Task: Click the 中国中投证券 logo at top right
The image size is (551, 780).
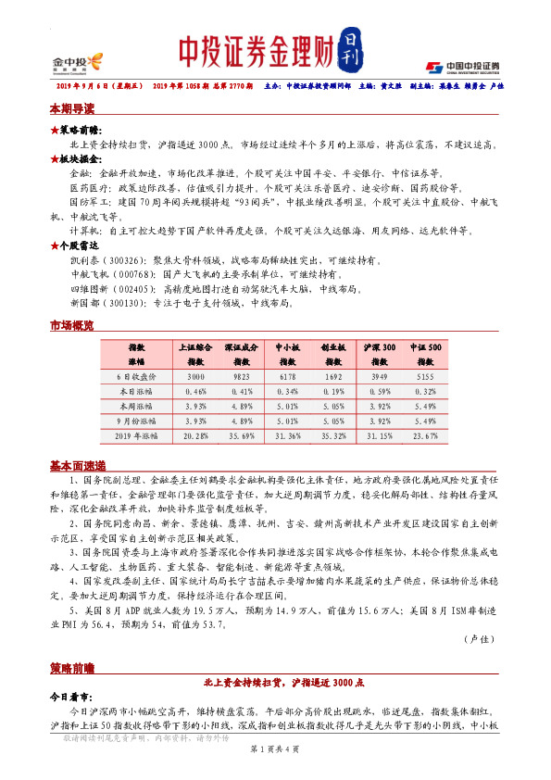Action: (462, 66)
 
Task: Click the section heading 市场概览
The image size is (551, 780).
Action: (71, 325)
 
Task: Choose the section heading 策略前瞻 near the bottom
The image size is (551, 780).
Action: (71, 667)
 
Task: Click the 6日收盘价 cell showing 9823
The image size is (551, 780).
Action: (240, 377)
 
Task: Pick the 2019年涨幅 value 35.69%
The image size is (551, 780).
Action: (240, 434)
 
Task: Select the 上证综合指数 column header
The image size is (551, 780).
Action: (195, 354)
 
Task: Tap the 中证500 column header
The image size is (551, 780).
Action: (425, 354)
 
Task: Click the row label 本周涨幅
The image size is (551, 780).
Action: (136, 405)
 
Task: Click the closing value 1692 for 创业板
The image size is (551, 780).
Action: (332, 377)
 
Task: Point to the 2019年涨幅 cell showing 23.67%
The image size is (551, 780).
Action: (425, 434)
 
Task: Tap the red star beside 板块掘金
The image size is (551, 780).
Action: (55, 159)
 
